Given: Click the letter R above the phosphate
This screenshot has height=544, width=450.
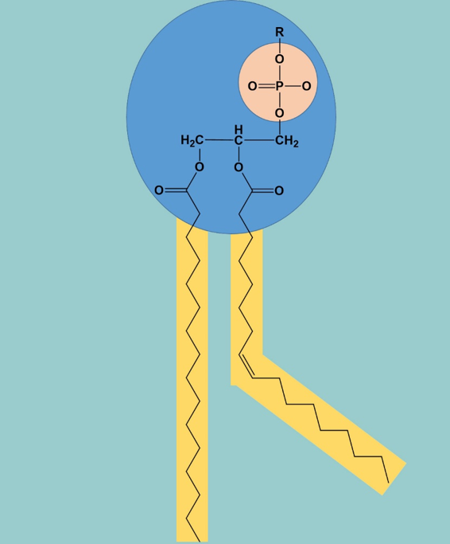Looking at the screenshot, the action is coord(280,33).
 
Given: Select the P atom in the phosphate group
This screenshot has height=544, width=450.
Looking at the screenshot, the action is coord(280,86).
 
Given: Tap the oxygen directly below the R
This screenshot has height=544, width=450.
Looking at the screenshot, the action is coord(279,59).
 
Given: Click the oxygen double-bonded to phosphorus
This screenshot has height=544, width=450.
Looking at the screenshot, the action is coord(253,86).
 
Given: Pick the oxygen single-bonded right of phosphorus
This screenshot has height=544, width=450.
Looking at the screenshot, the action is coord(306,86).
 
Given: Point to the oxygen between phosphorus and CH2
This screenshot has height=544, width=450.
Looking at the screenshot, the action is coord(279,113).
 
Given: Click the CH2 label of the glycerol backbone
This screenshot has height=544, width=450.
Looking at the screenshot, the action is coord(287,141).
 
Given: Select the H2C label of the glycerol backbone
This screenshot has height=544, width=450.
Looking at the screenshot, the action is coord(192,140).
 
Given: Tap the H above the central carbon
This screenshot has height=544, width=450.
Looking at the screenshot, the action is coord(239,129).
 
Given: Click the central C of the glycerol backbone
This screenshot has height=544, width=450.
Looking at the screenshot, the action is coord(239,140).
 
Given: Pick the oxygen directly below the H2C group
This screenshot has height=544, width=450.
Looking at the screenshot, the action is coord(200,167).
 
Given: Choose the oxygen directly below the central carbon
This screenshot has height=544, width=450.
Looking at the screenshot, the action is coord(239,167).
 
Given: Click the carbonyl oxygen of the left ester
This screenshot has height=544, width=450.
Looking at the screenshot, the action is coord(159,190).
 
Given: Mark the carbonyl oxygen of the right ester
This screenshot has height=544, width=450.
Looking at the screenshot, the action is coord(279,190).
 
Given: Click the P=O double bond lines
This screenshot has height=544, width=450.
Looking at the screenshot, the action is coord(266,86).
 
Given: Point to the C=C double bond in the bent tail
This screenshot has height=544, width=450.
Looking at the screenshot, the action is coord(246,366).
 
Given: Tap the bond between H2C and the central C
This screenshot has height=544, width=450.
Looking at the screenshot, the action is coord(219,140).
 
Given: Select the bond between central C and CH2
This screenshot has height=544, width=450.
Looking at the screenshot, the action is coord(258,140).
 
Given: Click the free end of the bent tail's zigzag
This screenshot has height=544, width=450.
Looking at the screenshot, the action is coord(388,483).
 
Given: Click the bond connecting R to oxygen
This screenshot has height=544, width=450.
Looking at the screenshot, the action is coord(280,45).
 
